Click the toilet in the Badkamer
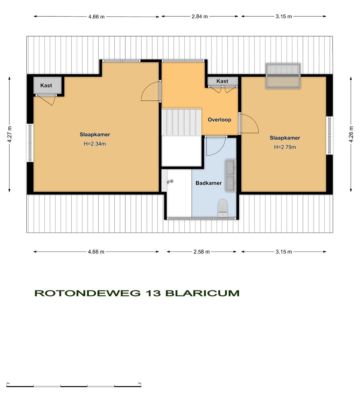point(223,208)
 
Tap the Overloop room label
point(219,120)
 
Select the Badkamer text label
point(208,183)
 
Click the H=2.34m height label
point(95,144)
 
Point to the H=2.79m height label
point(285,147)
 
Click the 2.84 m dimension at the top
point(200,16)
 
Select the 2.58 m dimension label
point(201,252)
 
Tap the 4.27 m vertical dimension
point(10,134)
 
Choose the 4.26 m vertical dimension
point(351,134)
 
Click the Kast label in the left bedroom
point(46,85)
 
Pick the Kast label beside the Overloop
point(222,81)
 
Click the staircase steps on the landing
point(182,122)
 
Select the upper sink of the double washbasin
point(230,167)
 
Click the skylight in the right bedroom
point(283,76)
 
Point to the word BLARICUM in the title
point(202,293)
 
